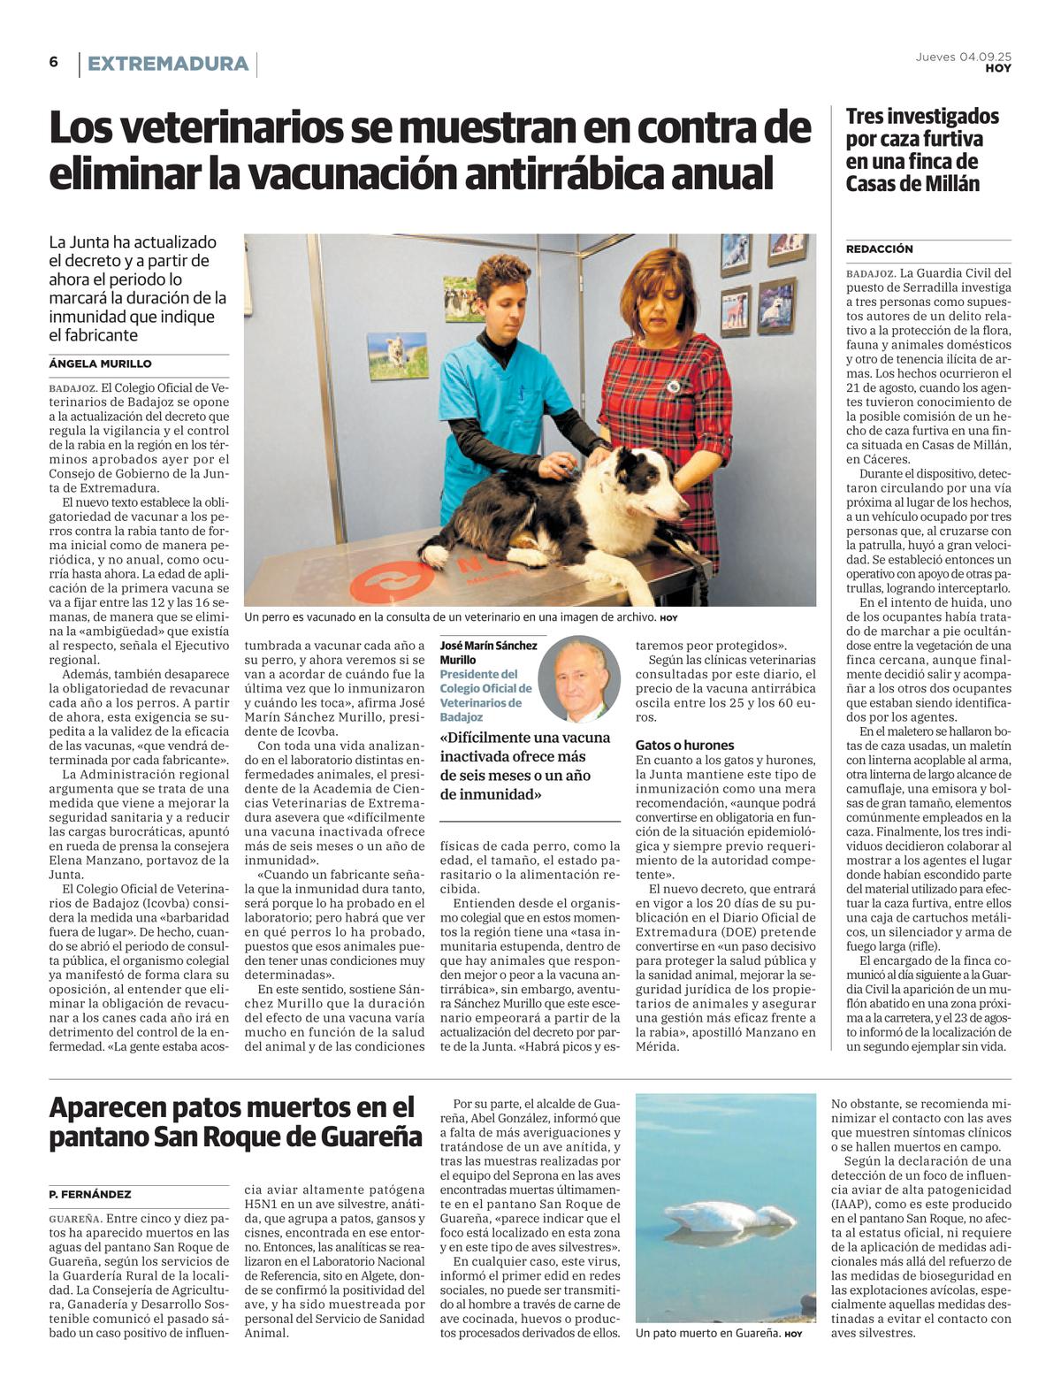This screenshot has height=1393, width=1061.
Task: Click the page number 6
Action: [x=54, y=62]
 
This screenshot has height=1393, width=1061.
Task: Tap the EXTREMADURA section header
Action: [x=167, y=64]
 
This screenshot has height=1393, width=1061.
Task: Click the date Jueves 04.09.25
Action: [x=963, y=57]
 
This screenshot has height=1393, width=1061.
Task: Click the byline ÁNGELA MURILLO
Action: [x=100, y=364]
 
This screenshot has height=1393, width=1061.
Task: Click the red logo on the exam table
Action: [x=391, y=583]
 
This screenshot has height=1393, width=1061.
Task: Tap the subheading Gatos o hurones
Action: [x=684, y=745]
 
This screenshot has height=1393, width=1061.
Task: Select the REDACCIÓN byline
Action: [x=879, y=249]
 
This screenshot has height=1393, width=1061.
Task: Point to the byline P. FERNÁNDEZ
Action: [x=90, y=1194]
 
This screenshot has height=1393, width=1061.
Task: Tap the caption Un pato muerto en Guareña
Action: [x=707, y=1333]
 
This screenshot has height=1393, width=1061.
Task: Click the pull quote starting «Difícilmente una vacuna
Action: [x=527, y=765]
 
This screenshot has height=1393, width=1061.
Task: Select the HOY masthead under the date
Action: [x=998, y=68]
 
